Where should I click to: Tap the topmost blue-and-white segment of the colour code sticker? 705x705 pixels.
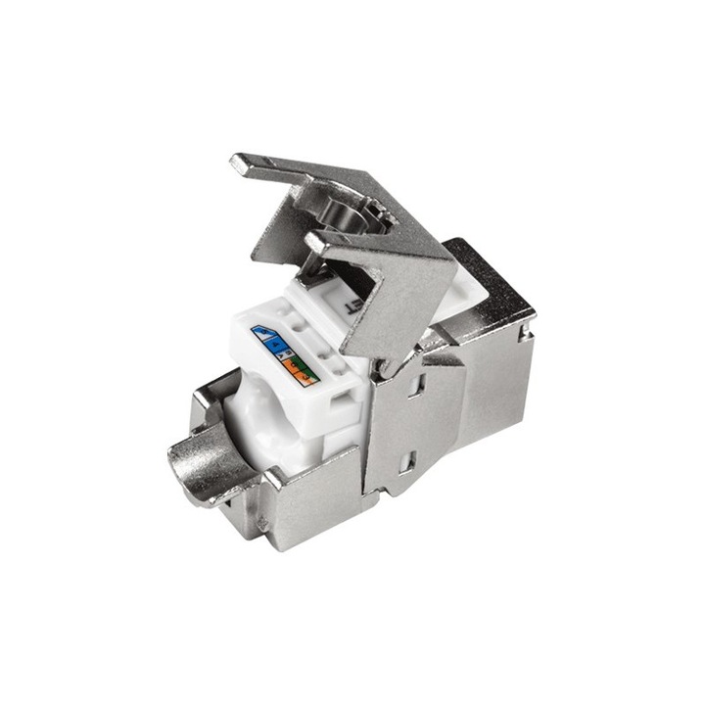[263, 333]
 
